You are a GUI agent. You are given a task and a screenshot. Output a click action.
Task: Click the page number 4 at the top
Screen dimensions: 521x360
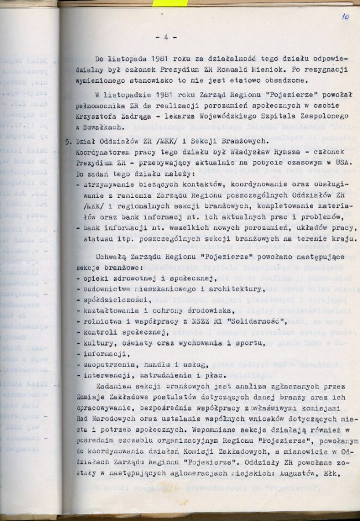point(166,38)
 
